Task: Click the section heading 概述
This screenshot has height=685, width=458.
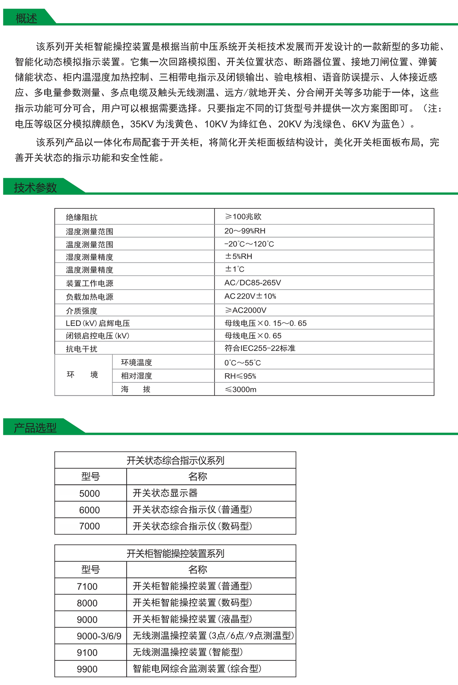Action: click(x=26, y=18)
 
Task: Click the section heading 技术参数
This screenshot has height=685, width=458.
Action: click(x=35, y=187)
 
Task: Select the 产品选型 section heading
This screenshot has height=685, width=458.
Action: click(x=35, y=427)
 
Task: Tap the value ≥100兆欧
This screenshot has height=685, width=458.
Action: click(x=243, y=217)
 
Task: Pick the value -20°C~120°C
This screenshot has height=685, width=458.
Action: click(x=249, y=244)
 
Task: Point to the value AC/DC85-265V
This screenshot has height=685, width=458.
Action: click(x=252, y=283)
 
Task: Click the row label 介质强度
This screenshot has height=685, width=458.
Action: click(x=81, y=310)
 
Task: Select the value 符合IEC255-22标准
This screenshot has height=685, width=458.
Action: click(x=260, y=348)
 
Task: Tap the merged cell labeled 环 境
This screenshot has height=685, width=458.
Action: click(x=82, y=375)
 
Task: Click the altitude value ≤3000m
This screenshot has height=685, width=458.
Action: click(x=241, y=389)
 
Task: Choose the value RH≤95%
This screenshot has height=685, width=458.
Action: click(x=240, y=376)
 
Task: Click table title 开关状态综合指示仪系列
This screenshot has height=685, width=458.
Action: click(x=175, y=460)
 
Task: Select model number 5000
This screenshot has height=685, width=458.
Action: click(x=90, y=493)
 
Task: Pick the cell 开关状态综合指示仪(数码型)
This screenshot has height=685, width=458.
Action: click(x=192, y=526)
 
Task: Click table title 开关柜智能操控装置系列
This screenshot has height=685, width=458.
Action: click(x=175, y=553)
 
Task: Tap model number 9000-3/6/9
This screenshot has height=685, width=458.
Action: click(x=99, y=636)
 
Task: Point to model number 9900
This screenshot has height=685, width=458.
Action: click(x=87, y=669)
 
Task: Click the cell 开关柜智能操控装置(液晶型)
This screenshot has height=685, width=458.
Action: click(x=192, y=619)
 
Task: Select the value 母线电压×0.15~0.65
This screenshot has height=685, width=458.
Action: click(x=265, y=323)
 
